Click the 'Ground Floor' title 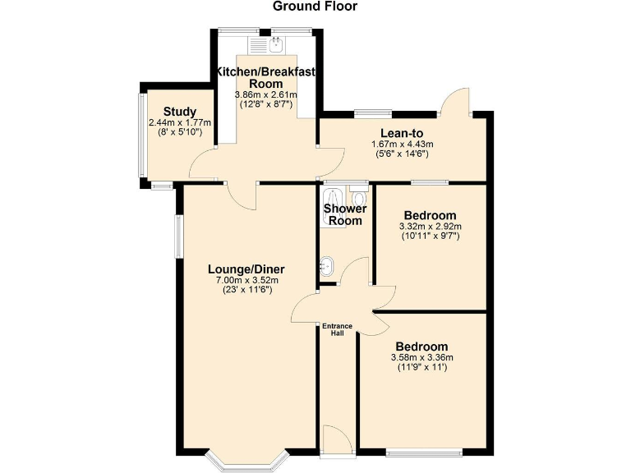pos(315,7)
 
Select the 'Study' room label pos(178,112)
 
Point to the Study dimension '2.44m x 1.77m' pos(180,123)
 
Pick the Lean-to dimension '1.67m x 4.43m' pos(402,145)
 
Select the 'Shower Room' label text pos(344,214)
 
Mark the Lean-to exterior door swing pos(454,102)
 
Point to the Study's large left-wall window pos(141,135)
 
